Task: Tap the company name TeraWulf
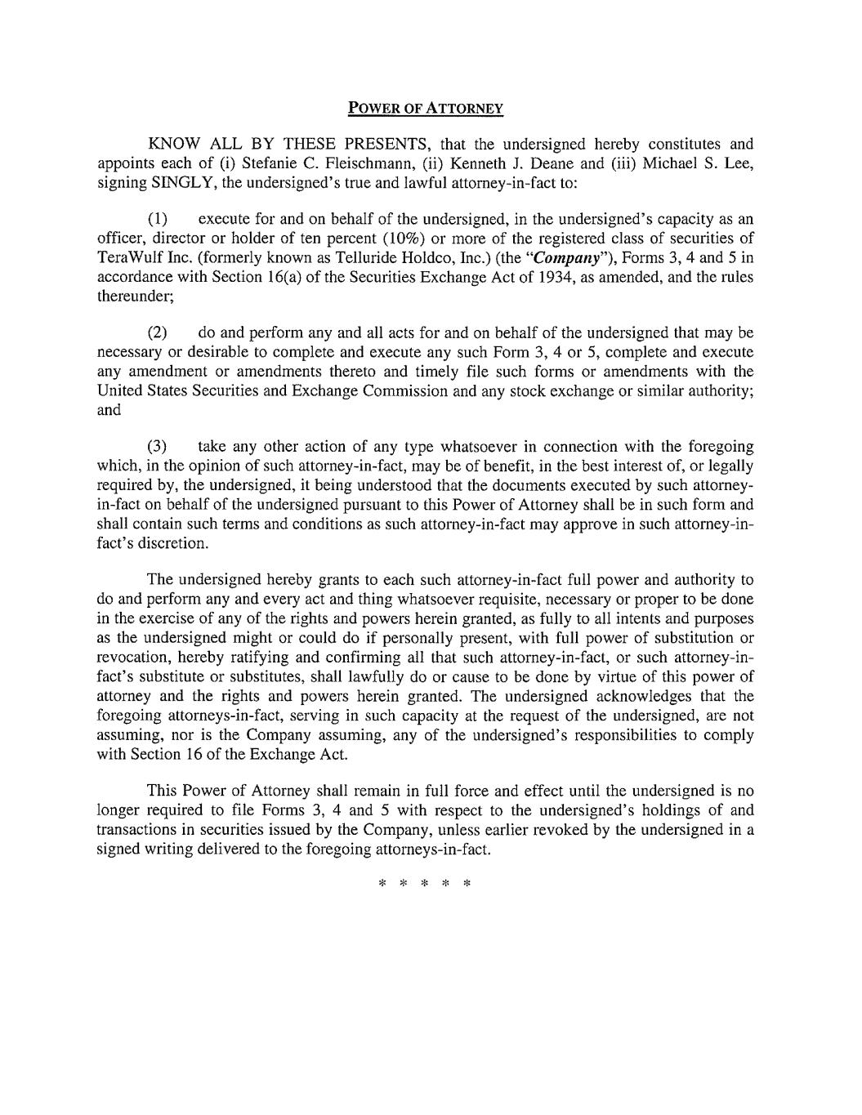(127, 258)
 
